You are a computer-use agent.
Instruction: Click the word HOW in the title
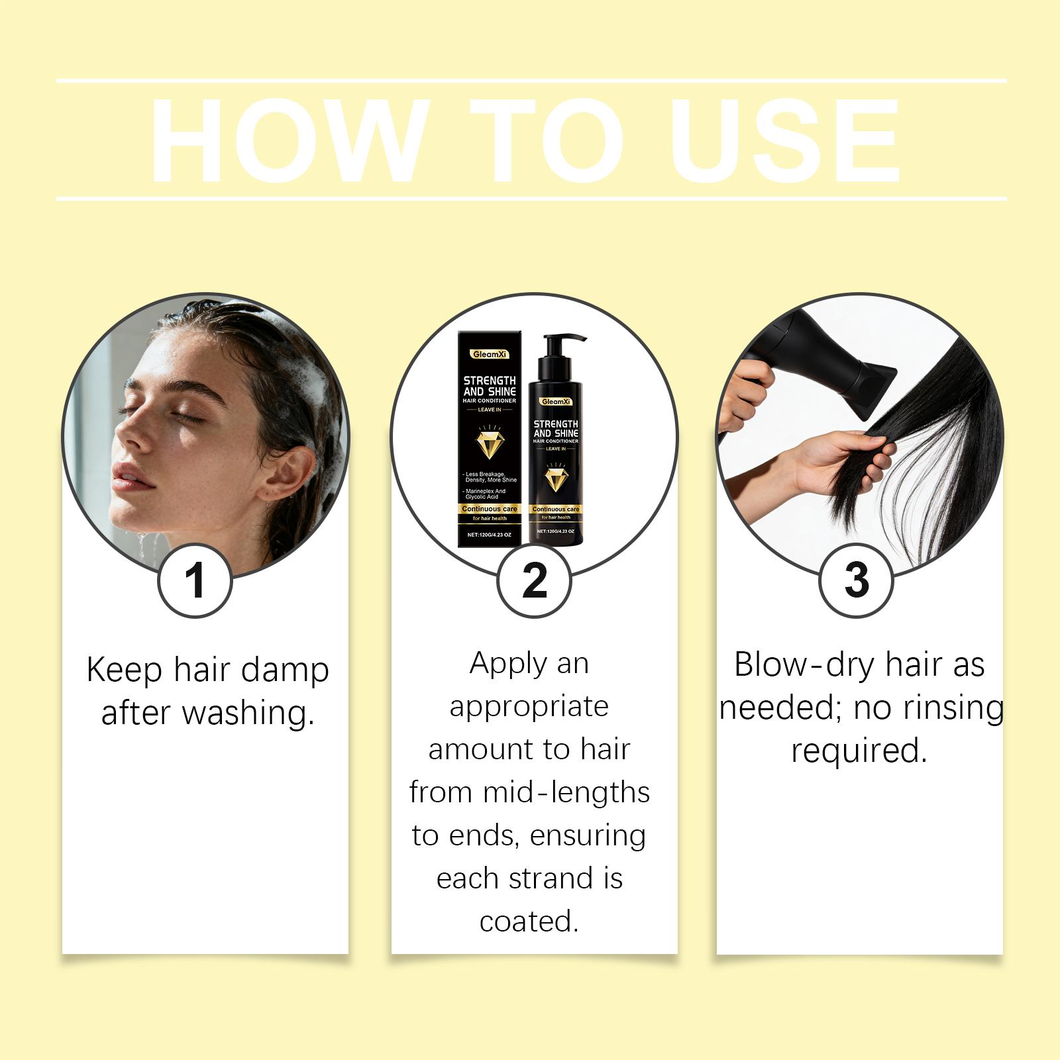(287, 140)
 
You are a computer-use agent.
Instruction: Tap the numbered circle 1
(195, 580)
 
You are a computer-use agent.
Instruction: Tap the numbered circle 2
(534, 580)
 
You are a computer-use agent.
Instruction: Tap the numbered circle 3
(856, 580)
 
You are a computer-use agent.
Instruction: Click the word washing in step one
(248, 714)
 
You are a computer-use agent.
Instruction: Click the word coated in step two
(529, 922)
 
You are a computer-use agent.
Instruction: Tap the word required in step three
(859, 751)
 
